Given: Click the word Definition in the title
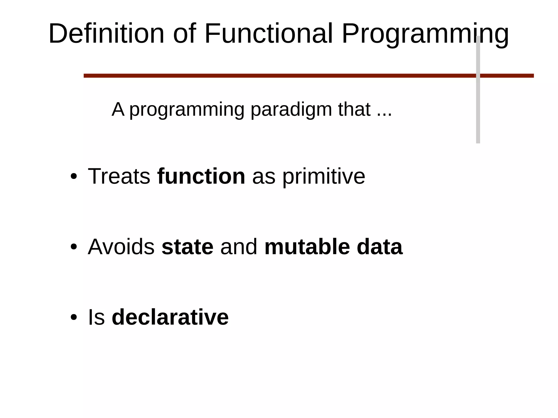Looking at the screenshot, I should click(106, 33).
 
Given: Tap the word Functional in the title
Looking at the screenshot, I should click(268, 33).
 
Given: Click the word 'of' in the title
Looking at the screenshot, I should click(184, 33).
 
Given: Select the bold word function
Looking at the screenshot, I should click(201, 176).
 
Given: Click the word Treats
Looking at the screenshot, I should click(119, 176).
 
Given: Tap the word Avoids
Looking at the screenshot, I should click(121, 247).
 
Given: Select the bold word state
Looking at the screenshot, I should click(187, 247).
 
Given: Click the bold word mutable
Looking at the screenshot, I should click(307, 247).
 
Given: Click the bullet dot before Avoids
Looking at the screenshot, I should click(74, 247).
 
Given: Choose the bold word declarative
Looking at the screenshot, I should click(170, 317).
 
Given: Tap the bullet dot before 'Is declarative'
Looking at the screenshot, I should click(74, 317).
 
